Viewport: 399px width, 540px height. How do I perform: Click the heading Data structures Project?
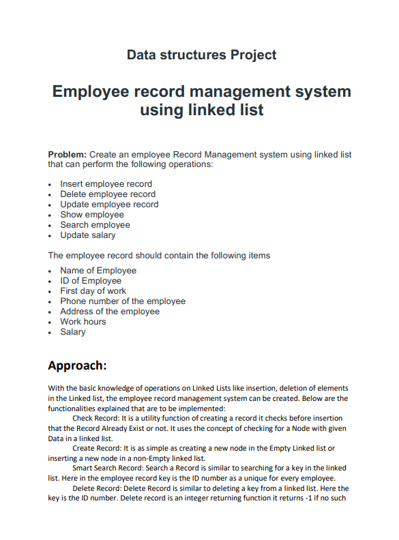pyautogui.click(x=201, y=55)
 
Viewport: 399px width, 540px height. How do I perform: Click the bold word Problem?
pyautogui.click(x=67, y=155)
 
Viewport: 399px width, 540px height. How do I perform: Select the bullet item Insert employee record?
pyautogui.click(x=106, y=184)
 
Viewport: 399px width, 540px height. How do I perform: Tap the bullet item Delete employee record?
pyautogui.click(x=107, y=194)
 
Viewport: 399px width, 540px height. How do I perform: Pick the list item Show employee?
pyautogui.click(x=92, y=215)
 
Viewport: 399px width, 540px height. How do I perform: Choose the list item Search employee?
pyautogui.click(x=95, y=225)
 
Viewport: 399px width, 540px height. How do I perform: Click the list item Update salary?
pyautogui.click(x=88, y=235)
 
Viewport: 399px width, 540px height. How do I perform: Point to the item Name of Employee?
pyautogui.click(x=98, y=271)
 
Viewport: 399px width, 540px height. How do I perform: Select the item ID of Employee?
pyautogui.click(x=91, y=281)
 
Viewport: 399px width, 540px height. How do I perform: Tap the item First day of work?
pyautogui.click(x=93, y=291)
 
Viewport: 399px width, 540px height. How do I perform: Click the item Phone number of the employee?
pyautogui.click(x=123, y=301)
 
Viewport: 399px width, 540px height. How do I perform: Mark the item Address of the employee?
pyautogui.click(x=110, y=312)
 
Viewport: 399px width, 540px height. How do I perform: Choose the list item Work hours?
pyautogui.click(x=83, y=322)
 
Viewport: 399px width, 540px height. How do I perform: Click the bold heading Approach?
pyautogui.click(x=77, y=365)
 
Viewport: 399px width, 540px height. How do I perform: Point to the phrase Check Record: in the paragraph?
pyautogui.click(x=95, y=418)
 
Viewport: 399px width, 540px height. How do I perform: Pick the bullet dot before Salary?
pyautogui.click(x=50, y=333)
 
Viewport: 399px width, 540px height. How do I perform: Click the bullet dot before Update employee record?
pyautogui.click(x=50, y=205)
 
